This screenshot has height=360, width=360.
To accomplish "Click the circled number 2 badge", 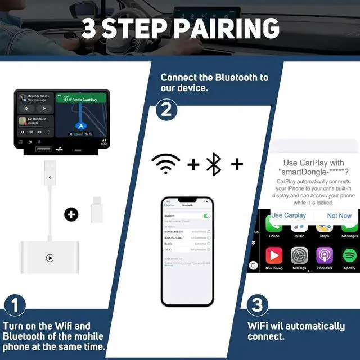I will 166,109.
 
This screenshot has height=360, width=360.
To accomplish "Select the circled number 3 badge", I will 256,305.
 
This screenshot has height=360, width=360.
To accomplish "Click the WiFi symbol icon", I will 166,164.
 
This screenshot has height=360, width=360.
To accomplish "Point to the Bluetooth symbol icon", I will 214,164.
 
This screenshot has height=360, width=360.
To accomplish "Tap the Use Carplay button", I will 289,215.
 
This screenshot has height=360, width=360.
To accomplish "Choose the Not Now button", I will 339,215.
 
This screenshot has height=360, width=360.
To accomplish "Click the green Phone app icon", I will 274,225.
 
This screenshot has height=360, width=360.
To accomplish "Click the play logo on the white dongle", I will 50,258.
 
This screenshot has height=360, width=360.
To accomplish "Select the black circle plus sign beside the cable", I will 71,214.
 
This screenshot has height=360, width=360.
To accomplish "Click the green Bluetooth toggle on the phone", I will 206,215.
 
